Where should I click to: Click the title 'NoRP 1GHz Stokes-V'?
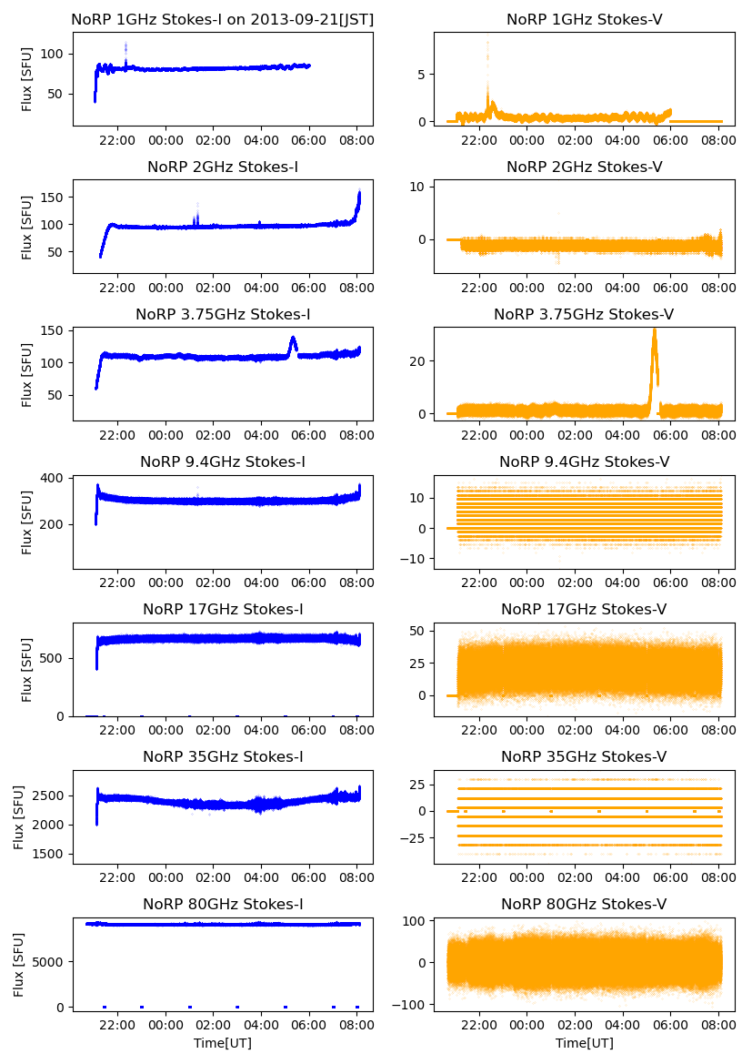[584, 19]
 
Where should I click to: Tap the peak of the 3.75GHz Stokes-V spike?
[654, 329]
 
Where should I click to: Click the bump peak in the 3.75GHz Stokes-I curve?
[293, 339]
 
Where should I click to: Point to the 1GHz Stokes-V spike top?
[487, 42]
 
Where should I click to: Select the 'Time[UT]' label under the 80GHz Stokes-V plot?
[584, 1043]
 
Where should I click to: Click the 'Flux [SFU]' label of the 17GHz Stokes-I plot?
[27, 671]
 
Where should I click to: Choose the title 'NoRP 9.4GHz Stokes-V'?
[584, 461]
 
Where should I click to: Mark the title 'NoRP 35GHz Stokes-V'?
[584, 756]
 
